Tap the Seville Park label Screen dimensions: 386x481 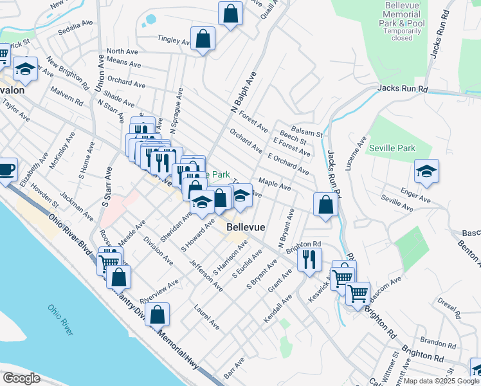392,148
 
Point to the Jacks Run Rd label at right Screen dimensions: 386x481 403,88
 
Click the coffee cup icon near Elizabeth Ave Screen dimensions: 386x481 6,170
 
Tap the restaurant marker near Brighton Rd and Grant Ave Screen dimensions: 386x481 309,259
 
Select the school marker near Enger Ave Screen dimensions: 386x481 426,171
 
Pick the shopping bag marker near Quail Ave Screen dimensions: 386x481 230,14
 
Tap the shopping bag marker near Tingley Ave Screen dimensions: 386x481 203,39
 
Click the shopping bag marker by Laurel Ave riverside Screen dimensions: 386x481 158,315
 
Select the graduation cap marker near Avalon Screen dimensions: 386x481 24,68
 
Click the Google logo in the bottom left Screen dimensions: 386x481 21,378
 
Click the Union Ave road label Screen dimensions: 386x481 100,73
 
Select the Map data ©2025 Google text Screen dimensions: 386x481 440,381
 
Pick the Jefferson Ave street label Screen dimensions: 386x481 206,275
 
